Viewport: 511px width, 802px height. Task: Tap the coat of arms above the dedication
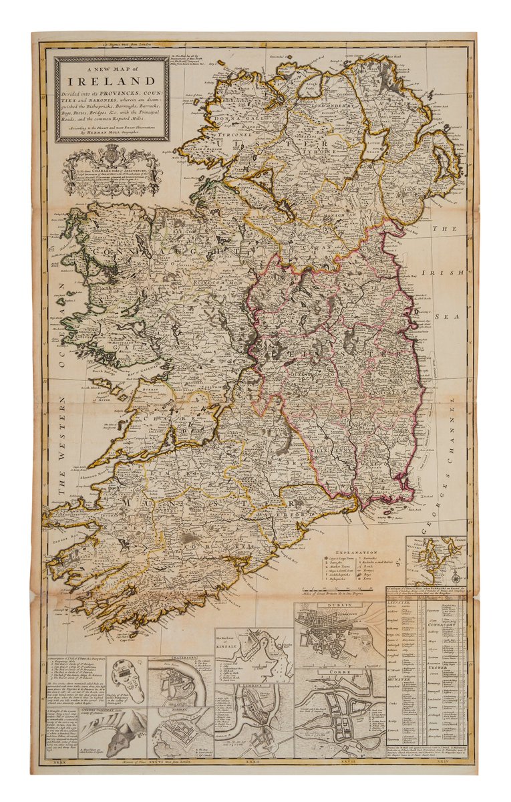112,158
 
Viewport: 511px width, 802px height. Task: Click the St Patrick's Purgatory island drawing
127,680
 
